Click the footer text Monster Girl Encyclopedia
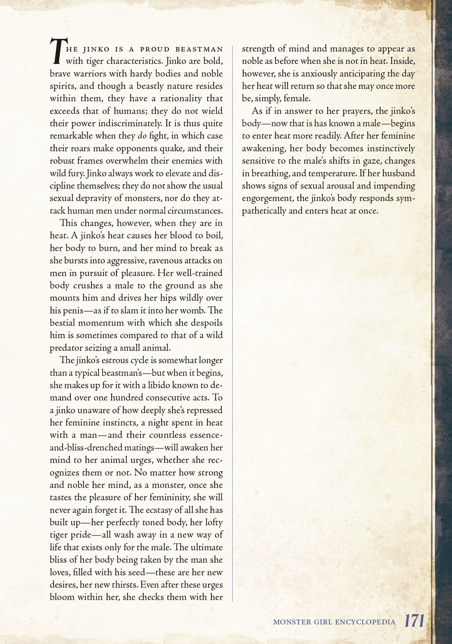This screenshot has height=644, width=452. click(334, 622)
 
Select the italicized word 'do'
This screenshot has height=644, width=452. click(142, 136)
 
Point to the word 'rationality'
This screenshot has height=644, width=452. click(178, 98)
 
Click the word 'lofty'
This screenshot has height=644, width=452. click(211, 522)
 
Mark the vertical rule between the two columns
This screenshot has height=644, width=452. click(233, 322)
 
